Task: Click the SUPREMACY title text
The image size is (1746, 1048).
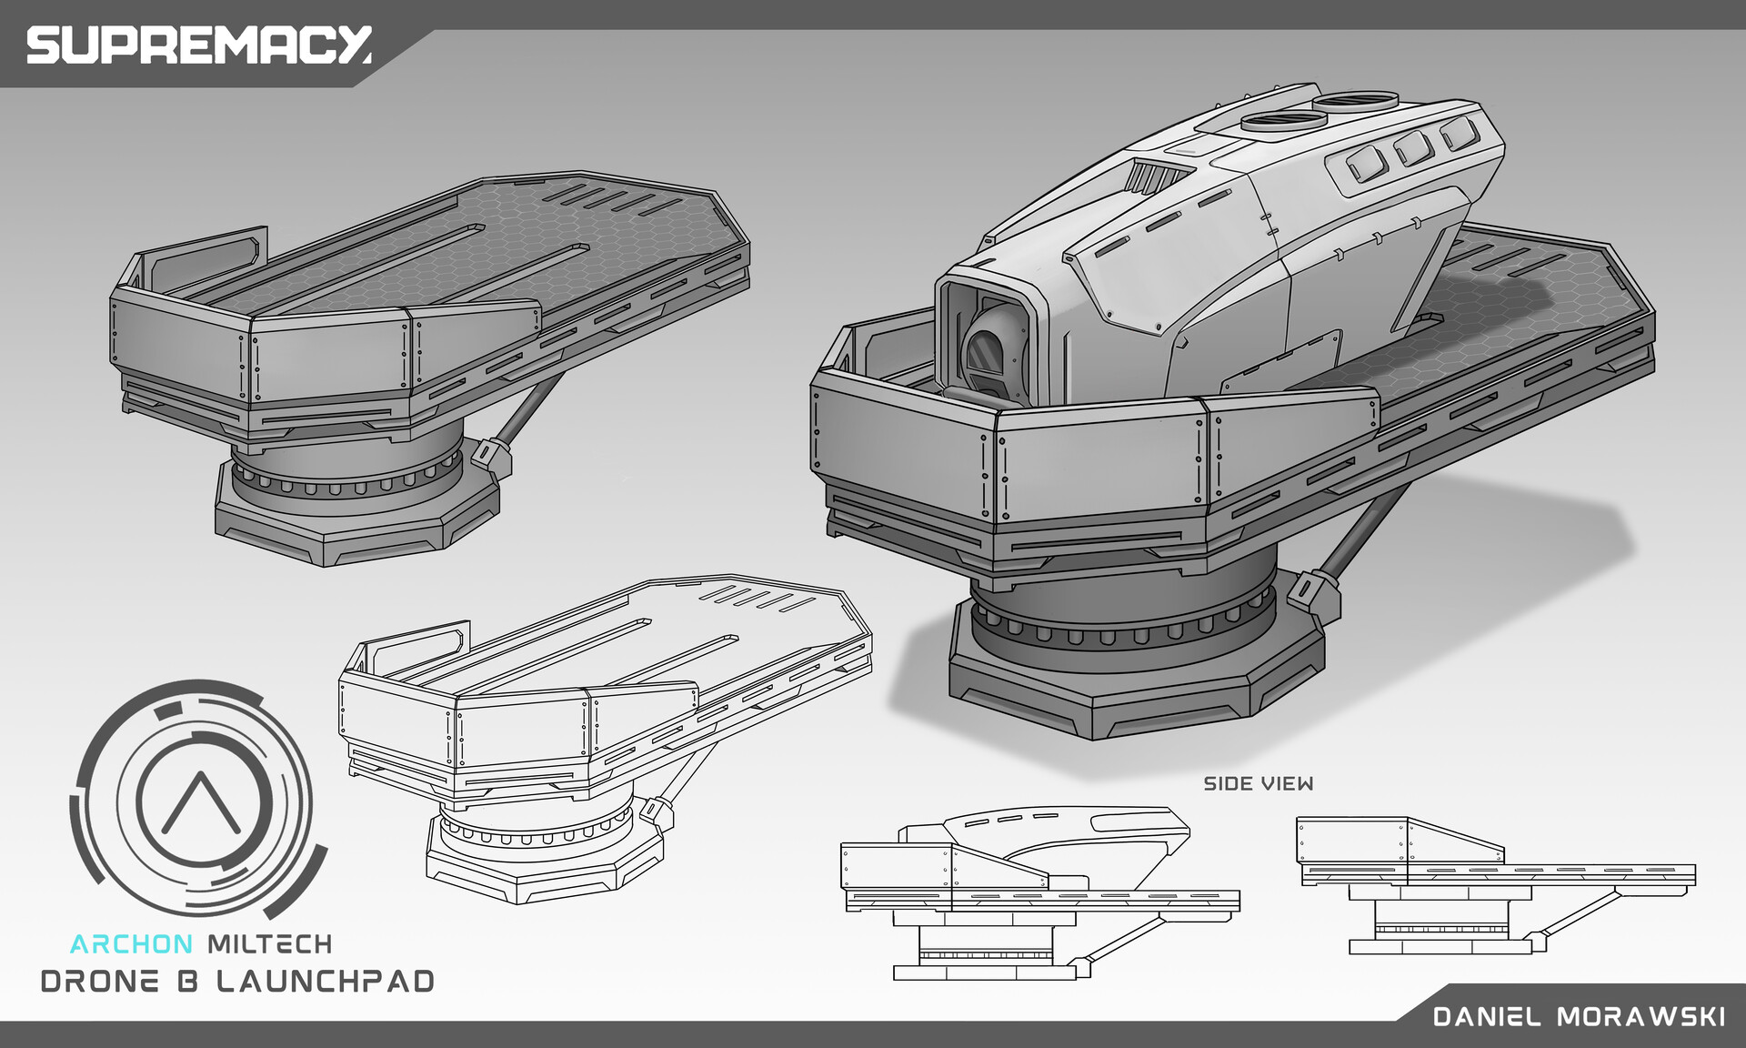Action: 198,45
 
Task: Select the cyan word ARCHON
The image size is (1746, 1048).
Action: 131,944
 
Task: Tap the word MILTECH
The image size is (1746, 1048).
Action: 269,944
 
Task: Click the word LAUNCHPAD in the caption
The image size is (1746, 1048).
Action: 326,982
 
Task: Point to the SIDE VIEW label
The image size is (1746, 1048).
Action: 1258,784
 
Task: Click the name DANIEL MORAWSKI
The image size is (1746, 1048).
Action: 1579,1016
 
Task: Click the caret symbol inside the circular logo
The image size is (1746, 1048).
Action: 201,801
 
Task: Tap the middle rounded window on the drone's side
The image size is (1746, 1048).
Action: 1412,147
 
